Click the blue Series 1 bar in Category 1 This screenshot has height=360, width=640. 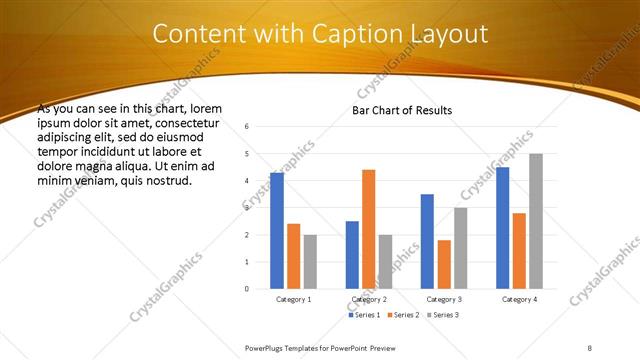[277, 231]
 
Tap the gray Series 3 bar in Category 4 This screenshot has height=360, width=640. [536, 221]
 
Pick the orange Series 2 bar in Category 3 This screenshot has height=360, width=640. [444, 264]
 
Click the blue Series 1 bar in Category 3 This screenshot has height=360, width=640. [427, 241]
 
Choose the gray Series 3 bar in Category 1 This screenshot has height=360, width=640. [310, 261]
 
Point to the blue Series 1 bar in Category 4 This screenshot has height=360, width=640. [502, 228]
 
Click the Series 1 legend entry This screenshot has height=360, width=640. [363, 315]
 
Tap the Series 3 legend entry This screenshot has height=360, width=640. [445, 315]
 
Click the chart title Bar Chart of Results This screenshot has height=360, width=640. [402, 110]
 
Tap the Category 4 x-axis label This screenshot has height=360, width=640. [519, 299]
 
